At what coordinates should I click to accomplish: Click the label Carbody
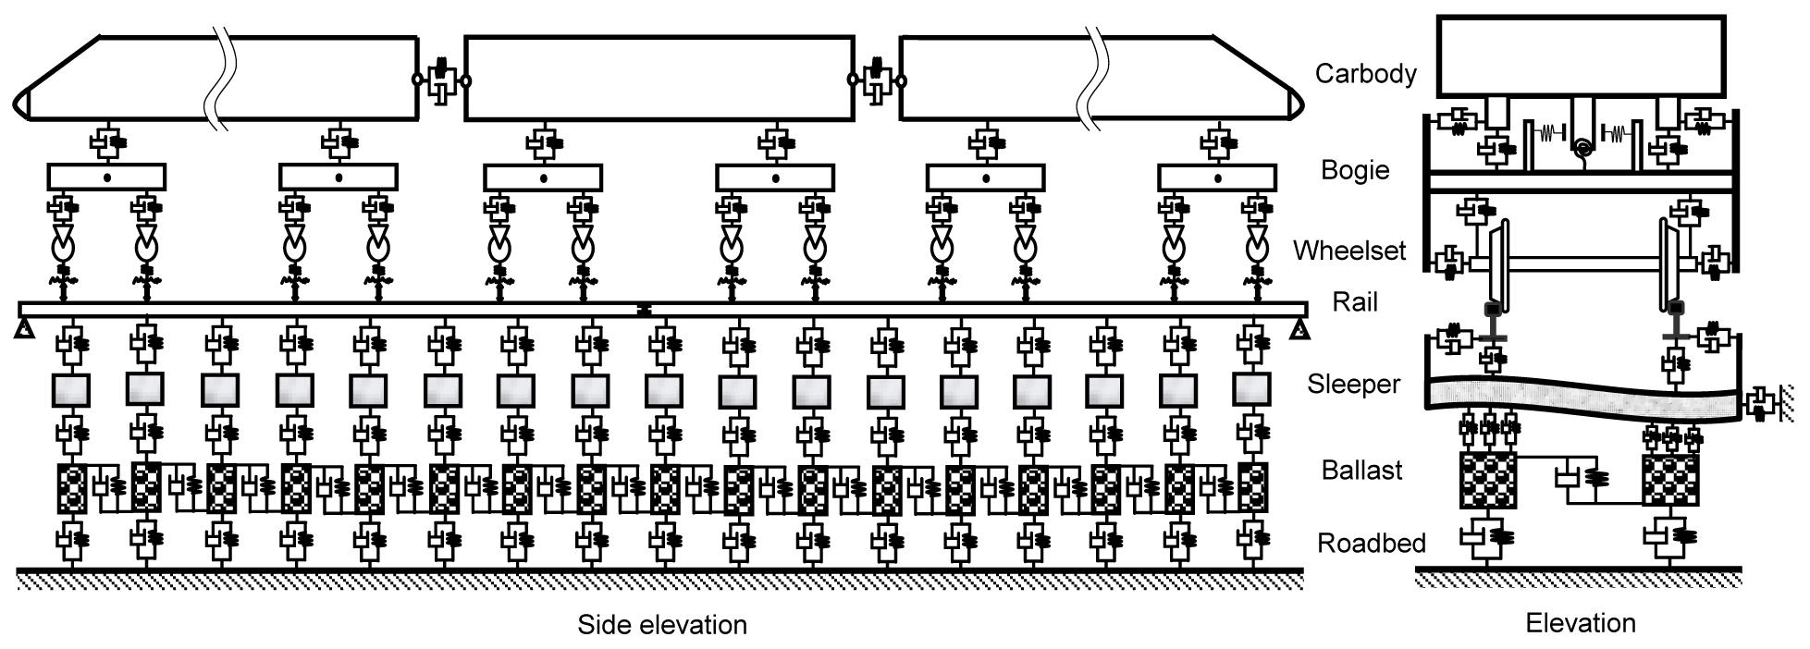[1365, 74]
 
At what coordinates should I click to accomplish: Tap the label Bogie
[1355, 170]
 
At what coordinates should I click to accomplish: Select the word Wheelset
[1349, 251]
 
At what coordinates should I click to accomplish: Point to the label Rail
[1355, 302]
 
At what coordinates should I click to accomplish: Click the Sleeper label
[1353, 384]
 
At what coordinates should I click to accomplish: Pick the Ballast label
[1361, 470]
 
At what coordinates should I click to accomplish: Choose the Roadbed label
[1371, 543]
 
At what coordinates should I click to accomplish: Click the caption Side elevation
[662, 625]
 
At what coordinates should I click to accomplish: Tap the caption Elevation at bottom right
[1580, 623]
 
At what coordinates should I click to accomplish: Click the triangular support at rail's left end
[25, 327]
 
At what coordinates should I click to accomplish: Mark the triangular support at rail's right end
[1300, 327]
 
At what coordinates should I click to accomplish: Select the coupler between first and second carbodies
[440, 80]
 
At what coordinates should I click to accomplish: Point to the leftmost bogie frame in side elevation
[106, 177]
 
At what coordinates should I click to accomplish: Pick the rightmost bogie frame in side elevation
[1217, 177]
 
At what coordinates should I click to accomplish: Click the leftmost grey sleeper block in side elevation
[69, 390]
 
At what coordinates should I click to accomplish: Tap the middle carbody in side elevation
[659, 79]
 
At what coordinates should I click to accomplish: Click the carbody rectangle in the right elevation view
[1581, 55]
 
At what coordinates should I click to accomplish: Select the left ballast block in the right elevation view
[1487, 480]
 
